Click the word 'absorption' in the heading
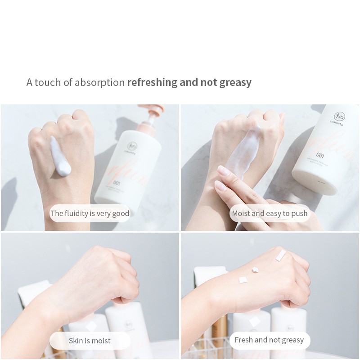pos(99,82)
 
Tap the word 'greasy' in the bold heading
pos(235,83)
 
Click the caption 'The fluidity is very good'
pos(90,213)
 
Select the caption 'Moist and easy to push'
pos(270,213)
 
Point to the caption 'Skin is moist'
pos(90,341)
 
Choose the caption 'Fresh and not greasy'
pos(269,340)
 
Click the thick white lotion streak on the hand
pos(60,156)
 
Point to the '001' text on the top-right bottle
pos(320,155)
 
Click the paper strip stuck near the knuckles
pos(280,256)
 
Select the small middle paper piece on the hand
pos(255,270)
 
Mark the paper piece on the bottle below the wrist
pos(255,321)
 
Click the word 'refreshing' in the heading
pos(152,82)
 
